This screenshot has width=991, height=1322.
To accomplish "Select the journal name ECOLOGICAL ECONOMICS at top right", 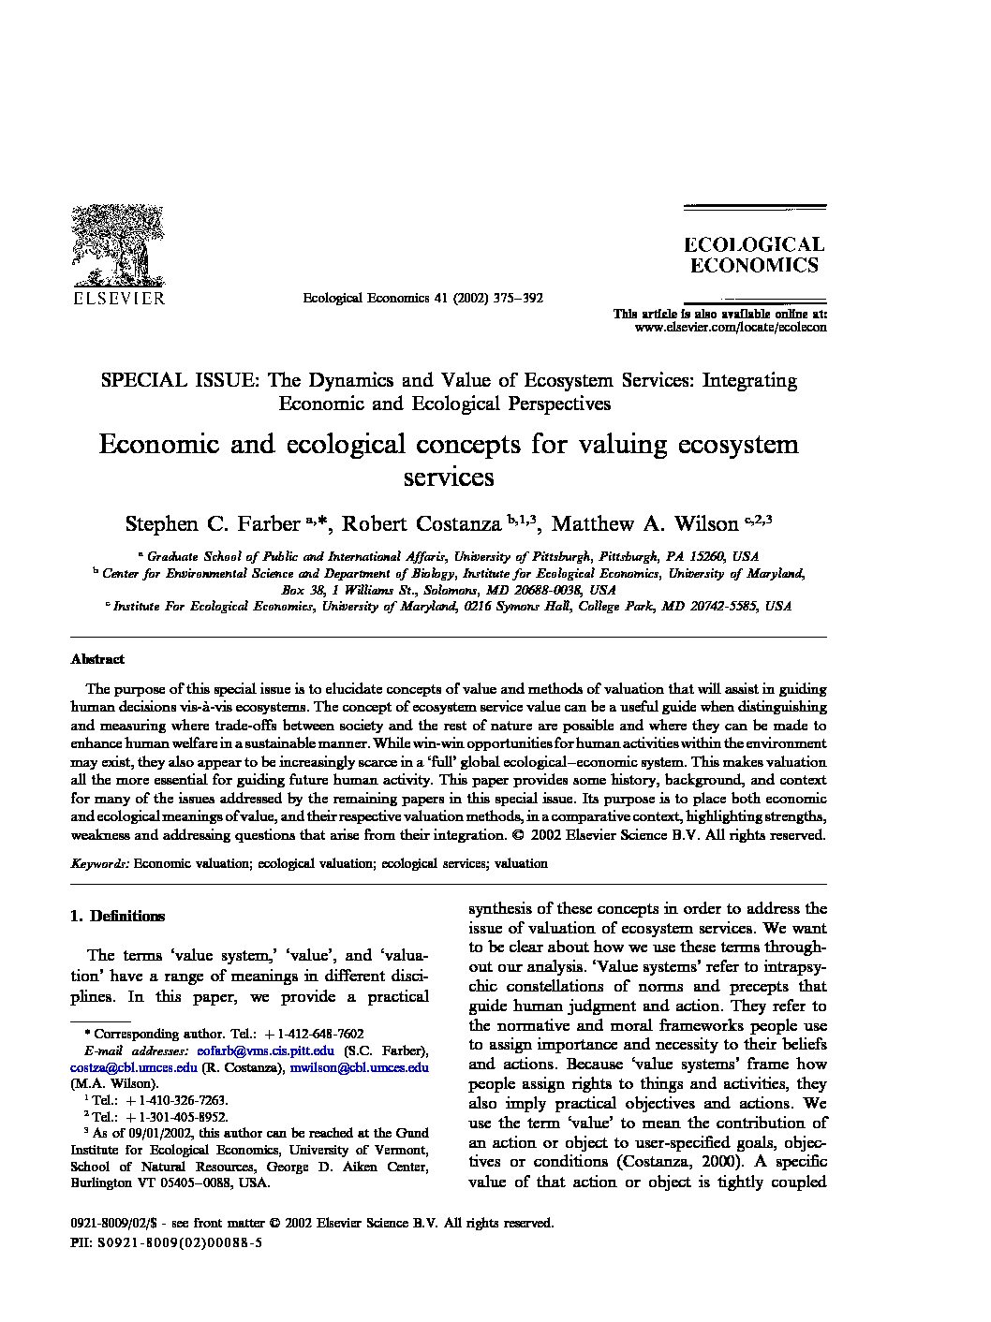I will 754,255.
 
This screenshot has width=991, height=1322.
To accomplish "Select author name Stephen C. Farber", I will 212,522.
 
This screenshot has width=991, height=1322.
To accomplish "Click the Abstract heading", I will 97,658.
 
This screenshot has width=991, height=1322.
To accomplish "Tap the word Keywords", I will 99,863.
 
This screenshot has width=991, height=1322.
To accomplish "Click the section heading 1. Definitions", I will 118,917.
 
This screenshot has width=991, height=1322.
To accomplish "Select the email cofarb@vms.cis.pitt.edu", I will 266,1051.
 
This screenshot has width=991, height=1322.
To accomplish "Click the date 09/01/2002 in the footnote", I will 150,1132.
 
